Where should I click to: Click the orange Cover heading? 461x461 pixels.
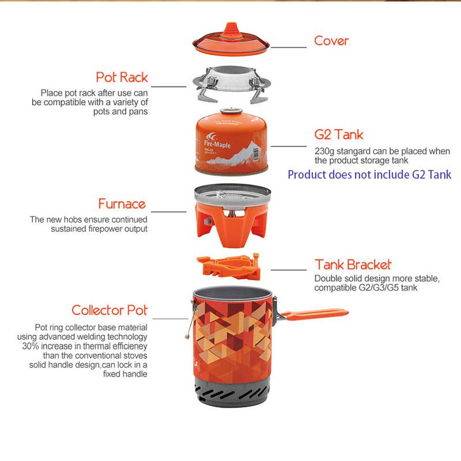[331, 41]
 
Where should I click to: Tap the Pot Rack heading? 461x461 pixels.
[122, 77]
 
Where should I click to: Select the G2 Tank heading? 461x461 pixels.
[339, 135]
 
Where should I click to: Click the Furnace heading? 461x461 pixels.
[122, 204]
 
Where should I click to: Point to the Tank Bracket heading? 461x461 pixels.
[353, 265]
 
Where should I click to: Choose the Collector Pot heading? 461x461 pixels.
[109, 311]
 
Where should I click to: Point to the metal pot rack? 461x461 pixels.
[231, 86]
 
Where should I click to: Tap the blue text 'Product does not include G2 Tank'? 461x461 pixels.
[369, 174]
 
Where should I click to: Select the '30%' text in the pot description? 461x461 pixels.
[31, 346]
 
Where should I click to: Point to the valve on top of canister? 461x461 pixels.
[231, 111]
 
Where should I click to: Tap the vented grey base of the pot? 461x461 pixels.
[231, 398]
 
